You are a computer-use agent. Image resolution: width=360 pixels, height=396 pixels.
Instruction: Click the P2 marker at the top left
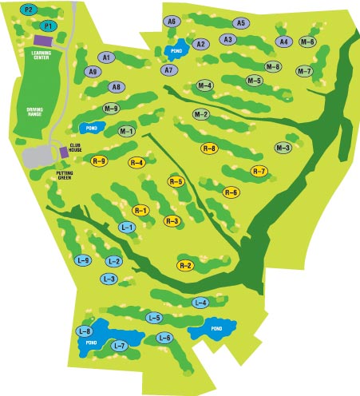pos(30,10)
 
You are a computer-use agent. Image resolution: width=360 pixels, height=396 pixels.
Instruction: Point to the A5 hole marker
pos(241,23)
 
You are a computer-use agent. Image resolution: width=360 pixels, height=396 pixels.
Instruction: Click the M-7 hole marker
pos(304,71)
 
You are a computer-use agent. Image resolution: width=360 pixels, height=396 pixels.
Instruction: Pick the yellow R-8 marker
pos(209,148)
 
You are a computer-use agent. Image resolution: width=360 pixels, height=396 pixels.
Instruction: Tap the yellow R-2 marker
pos(185,265)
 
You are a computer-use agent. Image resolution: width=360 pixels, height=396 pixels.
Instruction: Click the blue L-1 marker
pos(126,228)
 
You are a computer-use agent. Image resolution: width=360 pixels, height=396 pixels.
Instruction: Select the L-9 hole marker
pos(83,260)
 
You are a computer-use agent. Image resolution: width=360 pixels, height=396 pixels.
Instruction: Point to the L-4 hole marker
pos(201,303)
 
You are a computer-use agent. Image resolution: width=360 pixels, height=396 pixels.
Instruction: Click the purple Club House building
pos(64,152)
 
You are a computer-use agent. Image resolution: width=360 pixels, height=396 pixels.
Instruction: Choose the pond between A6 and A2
pos(176,50)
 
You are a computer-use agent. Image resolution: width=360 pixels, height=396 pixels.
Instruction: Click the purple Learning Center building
pos(42,40)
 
